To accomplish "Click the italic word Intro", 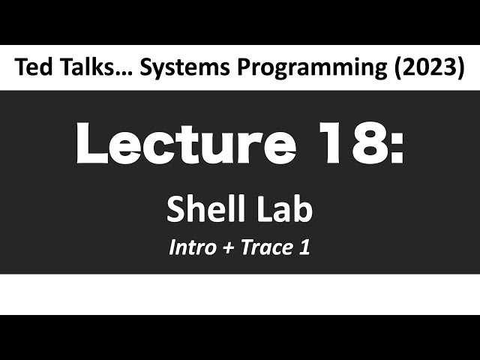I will (x=192, y=247).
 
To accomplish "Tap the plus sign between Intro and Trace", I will (x=227, y=248).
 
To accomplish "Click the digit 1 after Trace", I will (x=304, y=247).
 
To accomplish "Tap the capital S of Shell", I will (x=175, y=209).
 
